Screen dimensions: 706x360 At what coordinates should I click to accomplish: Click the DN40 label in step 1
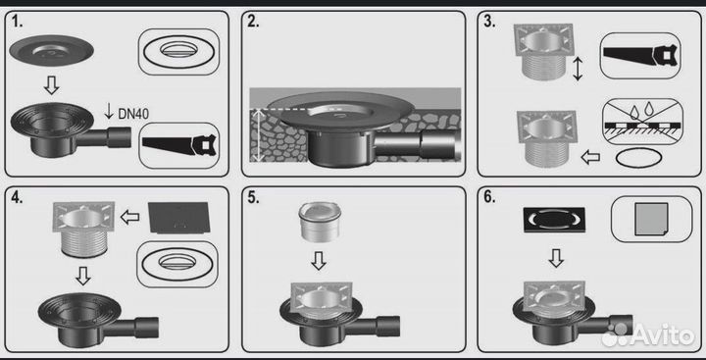pos(133,114)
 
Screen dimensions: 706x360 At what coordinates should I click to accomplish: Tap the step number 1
pos(17,22)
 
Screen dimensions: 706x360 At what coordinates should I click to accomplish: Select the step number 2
pos(253,22)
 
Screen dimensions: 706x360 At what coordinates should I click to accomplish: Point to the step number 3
pos(489,22)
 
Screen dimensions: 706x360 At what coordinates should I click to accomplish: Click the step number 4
pos(17,198)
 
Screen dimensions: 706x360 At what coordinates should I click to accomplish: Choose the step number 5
pos(253,198)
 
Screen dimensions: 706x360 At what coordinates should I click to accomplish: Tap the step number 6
pos(489,198)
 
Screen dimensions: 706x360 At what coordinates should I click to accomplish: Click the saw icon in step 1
pos(179,146)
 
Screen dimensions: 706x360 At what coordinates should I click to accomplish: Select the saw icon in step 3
pos(640,56)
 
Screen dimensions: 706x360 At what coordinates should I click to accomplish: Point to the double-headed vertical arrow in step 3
pos(578,69)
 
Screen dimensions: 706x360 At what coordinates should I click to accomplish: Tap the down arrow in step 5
pos(319,261)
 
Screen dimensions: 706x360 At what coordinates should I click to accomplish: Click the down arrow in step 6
pos(556,258)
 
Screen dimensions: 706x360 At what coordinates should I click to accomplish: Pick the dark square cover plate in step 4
pos(179,218)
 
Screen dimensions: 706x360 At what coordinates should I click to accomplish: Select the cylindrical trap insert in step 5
pos(320,222)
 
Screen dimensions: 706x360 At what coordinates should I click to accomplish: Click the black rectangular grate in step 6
pos(554,220)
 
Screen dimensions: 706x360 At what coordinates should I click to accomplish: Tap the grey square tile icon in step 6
pos(651,219)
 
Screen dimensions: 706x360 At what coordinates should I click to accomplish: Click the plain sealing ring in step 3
pos(639,159)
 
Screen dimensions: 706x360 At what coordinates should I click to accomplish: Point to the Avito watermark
pos(648,334)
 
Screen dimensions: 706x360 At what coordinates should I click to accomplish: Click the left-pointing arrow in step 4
pos(129,218)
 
